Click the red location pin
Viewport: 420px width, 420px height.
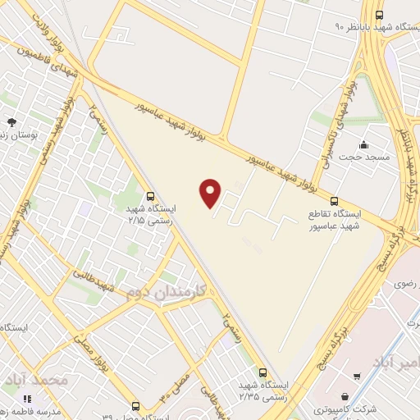click(211, 192)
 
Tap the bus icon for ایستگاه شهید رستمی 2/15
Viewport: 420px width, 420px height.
click(149, 196)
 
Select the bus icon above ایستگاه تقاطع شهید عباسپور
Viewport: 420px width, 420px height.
click(333, 200)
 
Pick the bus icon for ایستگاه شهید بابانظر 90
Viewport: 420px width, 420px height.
click(379, 15)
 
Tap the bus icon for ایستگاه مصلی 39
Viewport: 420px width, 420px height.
click(136, 405)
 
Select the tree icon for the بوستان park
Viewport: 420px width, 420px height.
click(10, 121)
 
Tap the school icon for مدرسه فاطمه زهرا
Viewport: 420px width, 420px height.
click(28, 399)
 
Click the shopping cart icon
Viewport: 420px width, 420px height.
click(356, 377)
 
